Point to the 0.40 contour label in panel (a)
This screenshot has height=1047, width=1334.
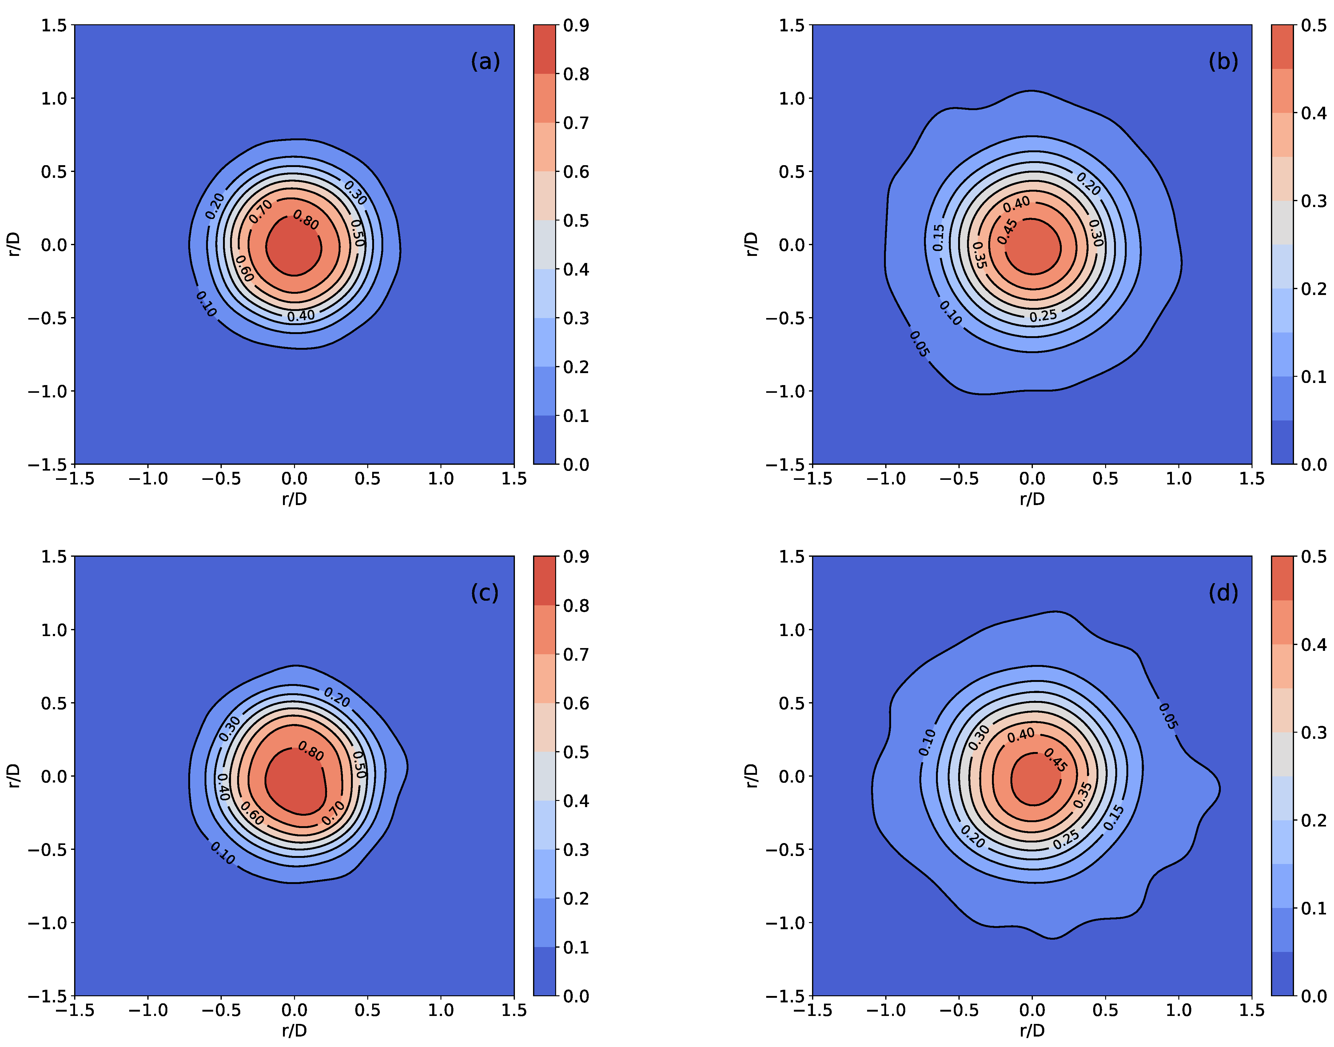(301, 316)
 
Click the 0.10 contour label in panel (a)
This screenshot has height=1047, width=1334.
(206, 304)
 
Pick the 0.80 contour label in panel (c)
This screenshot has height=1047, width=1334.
(311, 751)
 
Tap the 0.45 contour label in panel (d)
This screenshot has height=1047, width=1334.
(1056, 760)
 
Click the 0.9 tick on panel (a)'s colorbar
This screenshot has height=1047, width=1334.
(576, 25)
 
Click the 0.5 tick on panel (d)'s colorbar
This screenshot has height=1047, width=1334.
(1314, 557)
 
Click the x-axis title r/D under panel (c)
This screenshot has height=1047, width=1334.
(294, 1030)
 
